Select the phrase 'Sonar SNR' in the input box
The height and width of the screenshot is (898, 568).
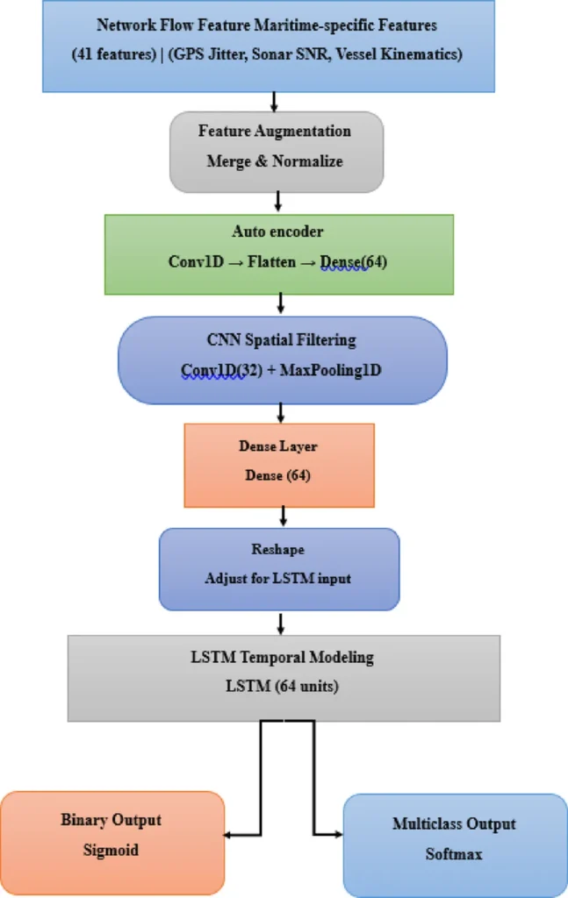pos(313,53)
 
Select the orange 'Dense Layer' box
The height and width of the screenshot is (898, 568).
pos(279,465)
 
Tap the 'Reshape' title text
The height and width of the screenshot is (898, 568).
pos(278,551)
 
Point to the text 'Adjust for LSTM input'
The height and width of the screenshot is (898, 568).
pos(278,579)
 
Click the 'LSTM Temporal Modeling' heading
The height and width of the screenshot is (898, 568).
pos(283,657)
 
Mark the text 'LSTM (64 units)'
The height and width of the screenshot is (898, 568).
pos(283,687)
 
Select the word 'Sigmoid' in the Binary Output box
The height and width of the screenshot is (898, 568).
pos(111,850)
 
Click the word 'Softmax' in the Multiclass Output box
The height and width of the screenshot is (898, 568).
pos(454,853)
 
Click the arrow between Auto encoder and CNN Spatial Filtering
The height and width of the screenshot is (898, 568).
pos(281,305)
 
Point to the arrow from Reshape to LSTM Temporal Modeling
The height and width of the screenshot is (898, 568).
pos(281,624)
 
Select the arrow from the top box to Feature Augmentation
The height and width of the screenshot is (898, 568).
pos(275,102)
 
